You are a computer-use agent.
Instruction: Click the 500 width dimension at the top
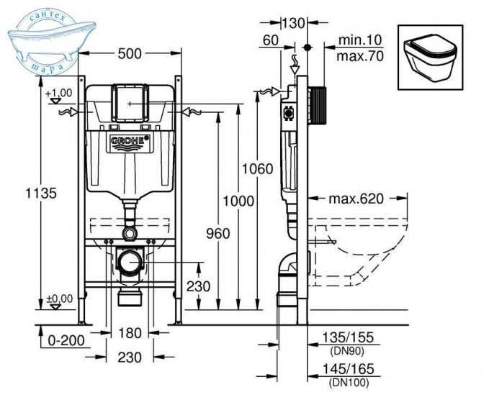(x=130, y=54)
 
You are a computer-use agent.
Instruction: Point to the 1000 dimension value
(x=238, y=201)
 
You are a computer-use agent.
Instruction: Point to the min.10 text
(x=357, y=42)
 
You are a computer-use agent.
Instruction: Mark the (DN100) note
(x=349, y=383)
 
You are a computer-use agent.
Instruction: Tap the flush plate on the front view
(x=130, y=104)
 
